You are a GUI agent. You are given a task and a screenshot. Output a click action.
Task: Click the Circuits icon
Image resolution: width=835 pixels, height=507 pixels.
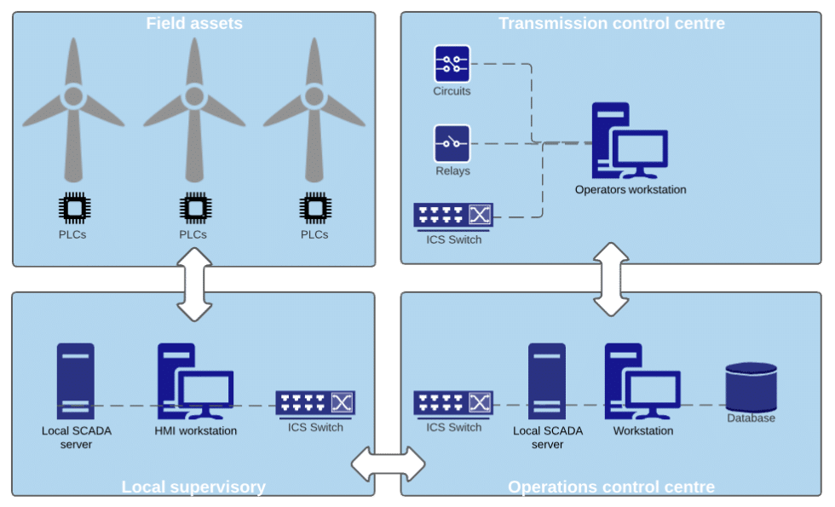click(452, 64)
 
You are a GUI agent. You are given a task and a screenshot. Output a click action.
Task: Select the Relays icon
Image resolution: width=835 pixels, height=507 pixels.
click(452, 143)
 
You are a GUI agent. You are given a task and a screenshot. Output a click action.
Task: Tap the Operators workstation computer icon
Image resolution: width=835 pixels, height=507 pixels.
click(630, 141)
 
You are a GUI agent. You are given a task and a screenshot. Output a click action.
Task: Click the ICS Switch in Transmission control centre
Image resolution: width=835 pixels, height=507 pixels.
click(453, 216)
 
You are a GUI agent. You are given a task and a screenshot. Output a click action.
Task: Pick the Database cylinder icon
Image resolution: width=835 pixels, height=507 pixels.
click(751, 387)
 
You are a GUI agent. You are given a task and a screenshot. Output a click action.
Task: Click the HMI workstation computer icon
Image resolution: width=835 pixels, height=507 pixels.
click(195, 382)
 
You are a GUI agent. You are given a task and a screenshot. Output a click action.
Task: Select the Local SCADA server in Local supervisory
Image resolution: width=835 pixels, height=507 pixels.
click(76, 382)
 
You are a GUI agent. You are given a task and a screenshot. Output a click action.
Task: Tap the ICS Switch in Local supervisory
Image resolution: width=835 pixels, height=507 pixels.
click(315, 404)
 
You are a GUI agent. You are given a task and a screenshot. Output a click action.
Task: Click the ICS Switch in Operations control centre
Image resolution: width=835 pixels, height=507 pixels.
click(453, 403)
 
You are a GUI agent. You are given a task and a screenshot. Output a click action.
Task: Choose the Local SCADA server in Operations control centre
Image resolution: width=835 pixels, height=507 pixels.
click(547, 382)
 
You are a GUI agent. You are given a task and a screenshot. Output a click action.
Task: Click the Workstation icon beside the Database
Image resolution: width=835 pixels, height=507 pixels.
click(642, 382)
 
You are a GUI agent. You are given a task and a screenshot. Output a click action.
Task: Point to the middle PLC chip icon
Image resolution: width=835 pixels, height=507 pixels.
click(195, 208)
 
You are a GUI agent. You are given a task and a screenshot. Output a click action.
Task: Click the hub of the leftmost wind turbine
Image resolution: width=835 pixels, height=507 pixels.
click(73, 97)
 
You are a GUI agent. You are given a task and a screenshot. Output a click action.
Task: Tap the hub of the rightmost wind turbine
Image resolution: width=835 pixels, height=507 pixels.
click(314, 97)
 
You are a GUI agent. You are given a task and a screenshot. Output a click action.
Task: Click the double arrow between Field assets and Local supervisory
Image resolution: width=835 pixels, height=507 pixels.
click(194, 285)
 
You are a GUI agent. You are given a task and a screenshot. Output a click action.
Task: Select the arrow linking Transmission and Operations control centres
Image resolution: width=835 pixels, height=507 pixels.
click(611, 279)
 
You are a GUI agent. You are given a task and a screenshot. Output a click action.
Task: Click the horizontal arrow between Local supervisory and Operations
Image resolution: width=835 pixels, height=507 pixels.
click(389, 464)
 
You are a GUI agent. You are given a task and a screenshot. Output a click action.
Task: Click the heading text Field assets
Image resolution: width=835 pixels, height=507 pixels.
click(194, 24)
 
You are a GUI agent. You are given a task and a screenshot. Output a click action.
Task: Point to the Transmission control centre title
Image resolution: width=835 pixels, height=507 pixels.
click(612, 24)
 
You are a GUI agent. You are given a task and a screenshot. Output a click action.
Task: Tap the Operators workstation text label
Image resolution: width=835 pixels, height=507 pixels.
click(631, 189)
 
